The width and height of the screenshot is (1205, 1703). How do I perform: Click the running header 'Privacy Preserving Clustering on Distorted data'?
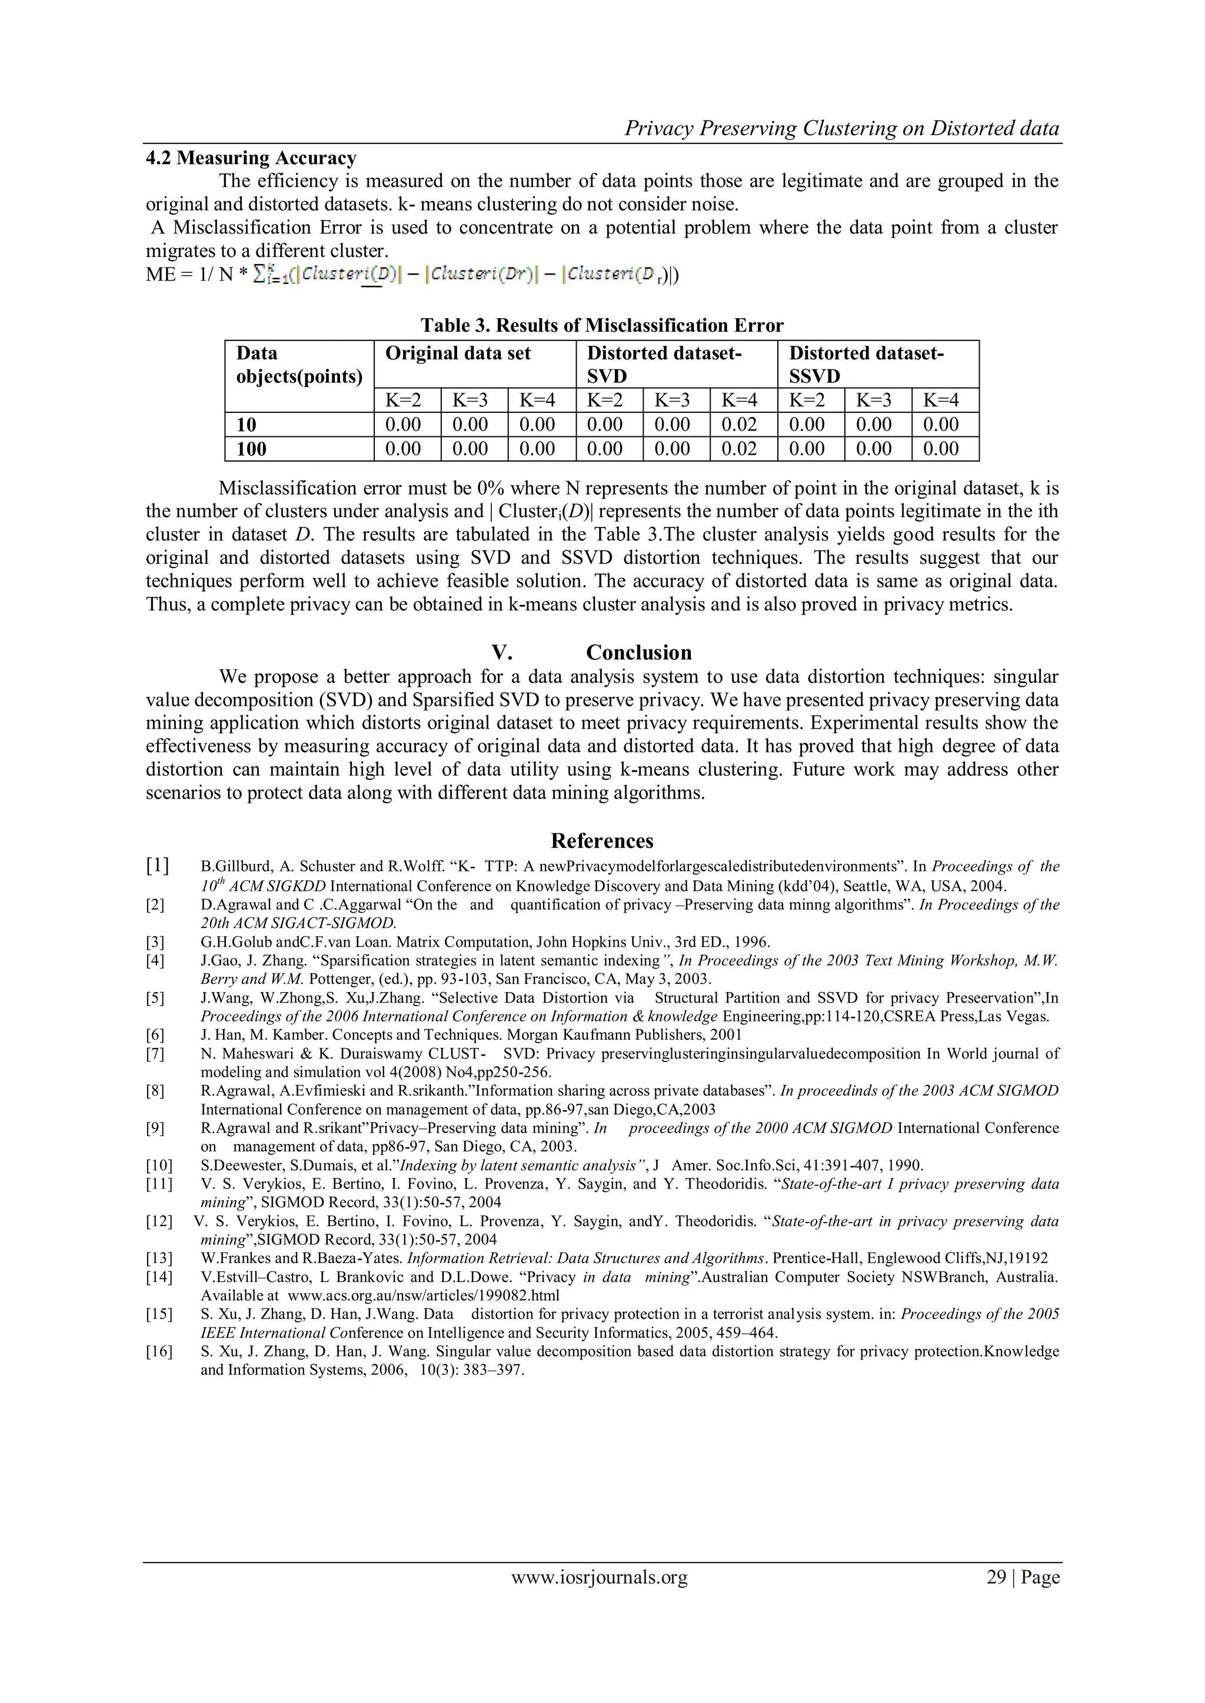[x=841, y=128]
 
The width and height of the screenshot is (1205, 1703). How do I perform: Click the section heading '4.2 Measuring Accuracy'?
[x=251, y=158]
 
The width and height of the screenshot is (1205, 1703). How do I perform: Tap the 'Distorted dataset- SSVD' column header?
[x=866, y=363]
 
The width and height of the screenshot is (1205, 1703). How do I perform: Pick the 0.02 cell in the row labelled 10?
[x=739, y=424]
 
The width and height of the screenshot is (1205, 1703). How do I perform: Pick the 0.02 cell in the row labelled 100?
[x=739, y=448]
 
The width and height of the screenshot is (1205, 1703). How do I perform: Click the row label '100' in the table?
[x=252, y=448]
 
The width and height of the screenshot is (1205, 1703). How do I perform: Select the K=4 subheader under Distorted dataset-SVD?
[x=739, y=400]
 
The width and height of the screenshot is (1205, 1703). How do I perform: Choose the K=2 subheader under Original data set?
[x=403, y=400]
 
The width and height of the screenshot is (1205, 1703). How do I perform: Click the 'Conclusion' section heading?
[x=638, y=652]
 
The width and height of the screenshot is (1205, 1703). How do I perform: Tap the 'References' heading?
[x=602, y=840]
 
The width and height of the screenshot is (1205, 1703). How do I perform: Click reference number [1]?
[x=157, y=865]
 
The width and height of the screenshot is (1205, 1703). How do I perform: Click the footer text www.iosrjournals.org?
[x=599, y=1577]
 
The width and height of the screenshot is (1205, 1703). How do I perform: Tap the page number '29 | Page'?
[x=1023, y=1577]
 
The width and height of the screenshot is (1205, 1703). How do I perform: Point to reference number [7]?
[x=155, y=1053]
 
